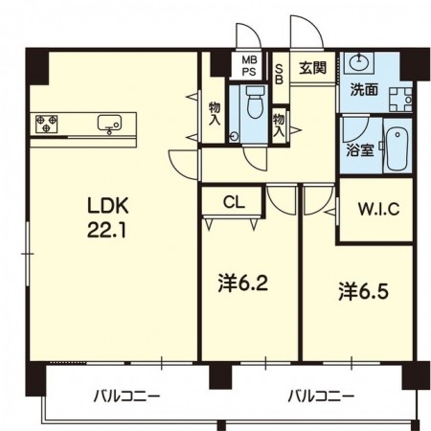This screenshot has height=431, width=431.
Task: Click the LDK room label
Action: [108, 206]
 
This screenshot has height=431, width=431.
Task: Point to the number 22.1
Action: [108, 230]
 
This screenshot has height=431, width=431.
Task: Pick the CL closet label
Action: [234, 202]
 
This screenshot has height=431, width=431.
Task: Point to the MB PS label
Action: [248, 65]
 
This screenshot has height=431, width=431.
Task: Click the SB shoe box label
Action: [279, 74]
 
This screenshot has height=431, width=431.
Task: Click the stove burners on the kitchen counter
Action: [47, 123]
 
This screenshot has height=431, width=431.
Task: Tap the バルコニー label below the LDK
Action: [126, 395]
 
